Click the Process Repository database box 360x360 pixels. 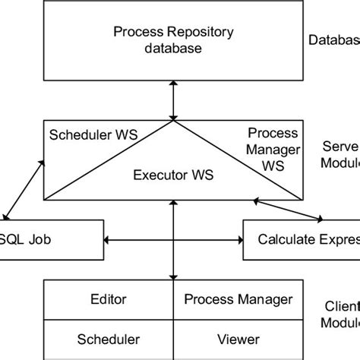tap(173, 42)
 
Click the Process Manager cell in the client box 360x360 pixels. tap(238, 299)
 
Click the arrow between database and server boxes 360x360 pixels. tap(174, 99)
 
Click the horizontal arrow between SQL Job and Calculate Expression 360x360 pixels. tap(173, 241)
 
